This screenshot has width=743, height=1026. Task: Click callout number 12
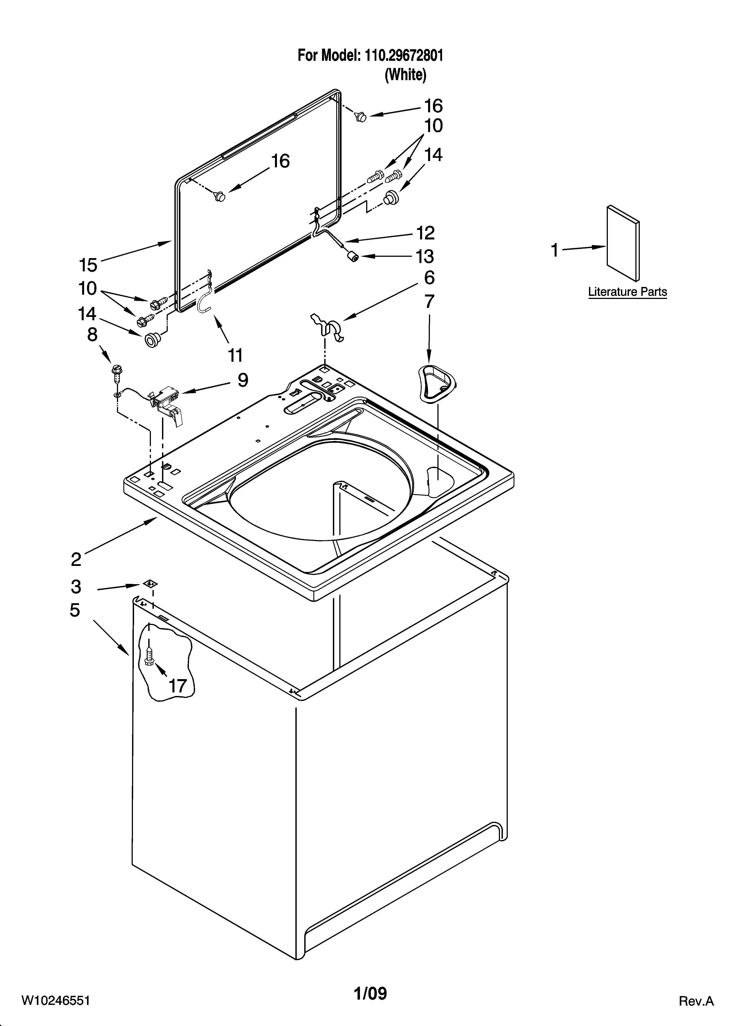(425, 233)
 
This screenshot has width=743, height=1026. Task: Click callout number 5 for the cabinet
(75, 610)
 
